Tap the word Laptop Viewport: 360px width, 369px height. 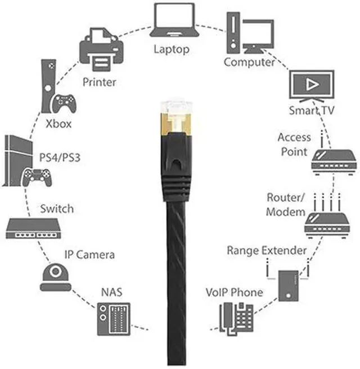coord(172,49)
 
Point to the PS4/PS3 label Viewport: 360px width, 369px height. coord(59,157)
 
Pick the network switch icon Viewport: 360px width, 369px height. coord(32,227)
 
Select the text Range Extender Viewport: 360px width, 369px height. coord(267,250)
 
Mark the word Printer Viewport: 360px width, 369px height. coord(99,82)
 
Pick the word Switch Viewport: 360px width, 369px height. coord(57,209)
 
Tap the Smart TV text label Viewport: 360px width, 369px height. coord(311,110)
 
